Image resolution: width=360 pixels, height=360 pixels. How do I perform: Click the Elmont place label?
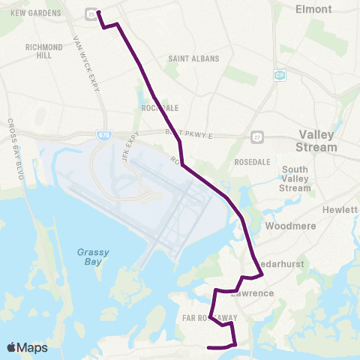[x=314, y=9]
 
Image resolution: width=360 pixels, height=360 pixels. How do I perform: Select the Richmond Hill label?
[x=43, y=50]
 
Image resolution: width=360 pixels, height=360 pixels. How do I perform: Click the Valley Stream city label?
[x=318, y=140]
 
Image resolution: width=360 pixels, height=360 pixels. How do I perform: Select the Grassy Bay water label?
[x=94, y=257]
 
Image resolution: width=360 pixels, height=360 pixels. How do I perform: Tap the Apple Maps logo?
[x=27, y=347]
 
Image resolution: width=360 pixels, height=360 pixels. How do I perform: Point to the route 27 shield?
[x=257, y=137]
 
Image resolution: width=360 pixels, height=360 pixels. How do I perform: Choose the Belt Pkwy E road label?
[x=190, y=133]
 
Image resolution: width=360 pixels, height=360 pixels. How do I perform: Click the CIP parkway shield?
[x=279, y=75]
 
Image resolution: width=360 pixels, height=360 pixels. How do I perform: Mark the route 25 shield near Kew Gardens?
[x=91, y=14]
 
